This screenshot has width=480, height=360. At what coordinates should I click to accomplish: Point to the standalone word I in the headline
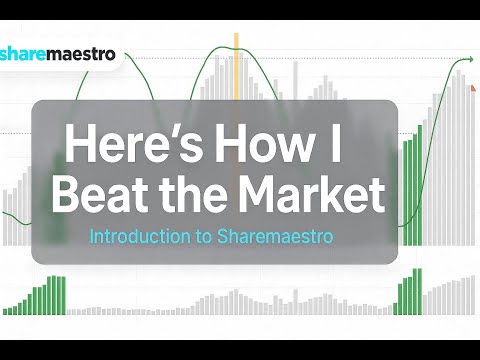pyautogui.click(x=336, y=145)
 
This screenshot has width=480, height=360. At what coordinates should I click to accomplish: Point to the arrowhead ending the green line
pyautogui.click(x=469, y=62)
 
